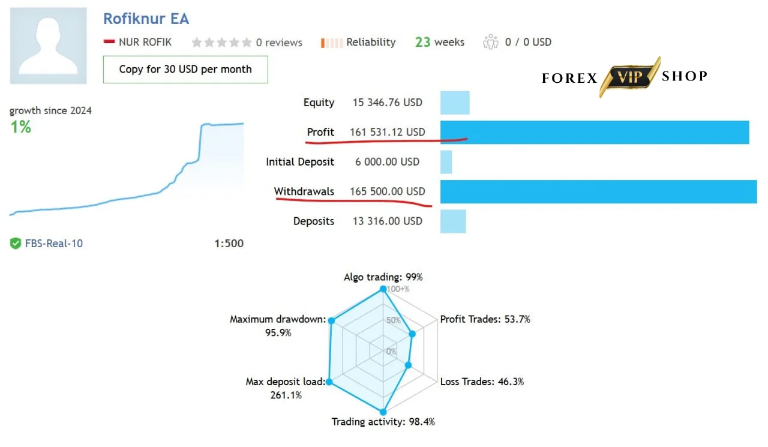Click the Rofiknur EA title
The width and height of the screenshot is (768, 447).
tap(146, 19)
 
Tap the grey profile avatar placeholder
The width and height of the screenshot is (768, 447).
tap(48, 46)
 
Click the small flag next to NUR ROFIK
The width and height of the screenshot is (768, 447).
tap(109, 42)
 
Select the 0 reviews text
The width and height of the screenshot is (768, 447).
tap(279, 43)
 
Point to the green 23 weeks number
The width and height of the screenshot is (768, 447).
tap(422, 42)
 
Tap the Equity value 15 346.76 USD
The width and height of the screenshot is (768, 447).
tap(388, 103)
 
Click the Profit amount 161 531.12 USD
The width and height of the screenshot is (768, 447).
tap(387, 132)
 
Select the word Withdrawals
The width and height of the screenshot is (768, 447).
tap(304, 191)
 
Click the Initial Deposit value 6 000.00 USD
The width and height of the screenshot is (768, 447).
tap(388, 162)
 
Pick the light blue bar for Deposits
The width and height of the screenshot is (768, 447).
tap(453, 221)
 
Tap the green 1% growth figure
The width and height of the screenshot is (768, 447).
tap(20, 127)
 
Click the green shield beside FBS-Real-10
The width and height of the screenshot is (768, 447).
tap(16, 244)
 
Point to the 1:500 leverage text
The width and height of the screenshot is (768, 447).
tap(229, 244)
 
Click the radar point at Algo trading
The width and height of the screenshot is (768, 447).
tap(383, 289)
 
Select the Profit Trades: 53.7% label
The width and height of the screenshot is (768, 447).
tap(485, 319)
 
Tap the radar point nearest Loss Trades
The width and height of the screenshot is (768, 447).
tap(408, 365)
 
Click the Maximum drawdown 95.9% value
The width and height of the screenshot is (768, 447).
tap(278, 332)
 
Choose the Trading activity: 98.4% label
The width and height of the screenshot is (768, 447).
tap(383, 422)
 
